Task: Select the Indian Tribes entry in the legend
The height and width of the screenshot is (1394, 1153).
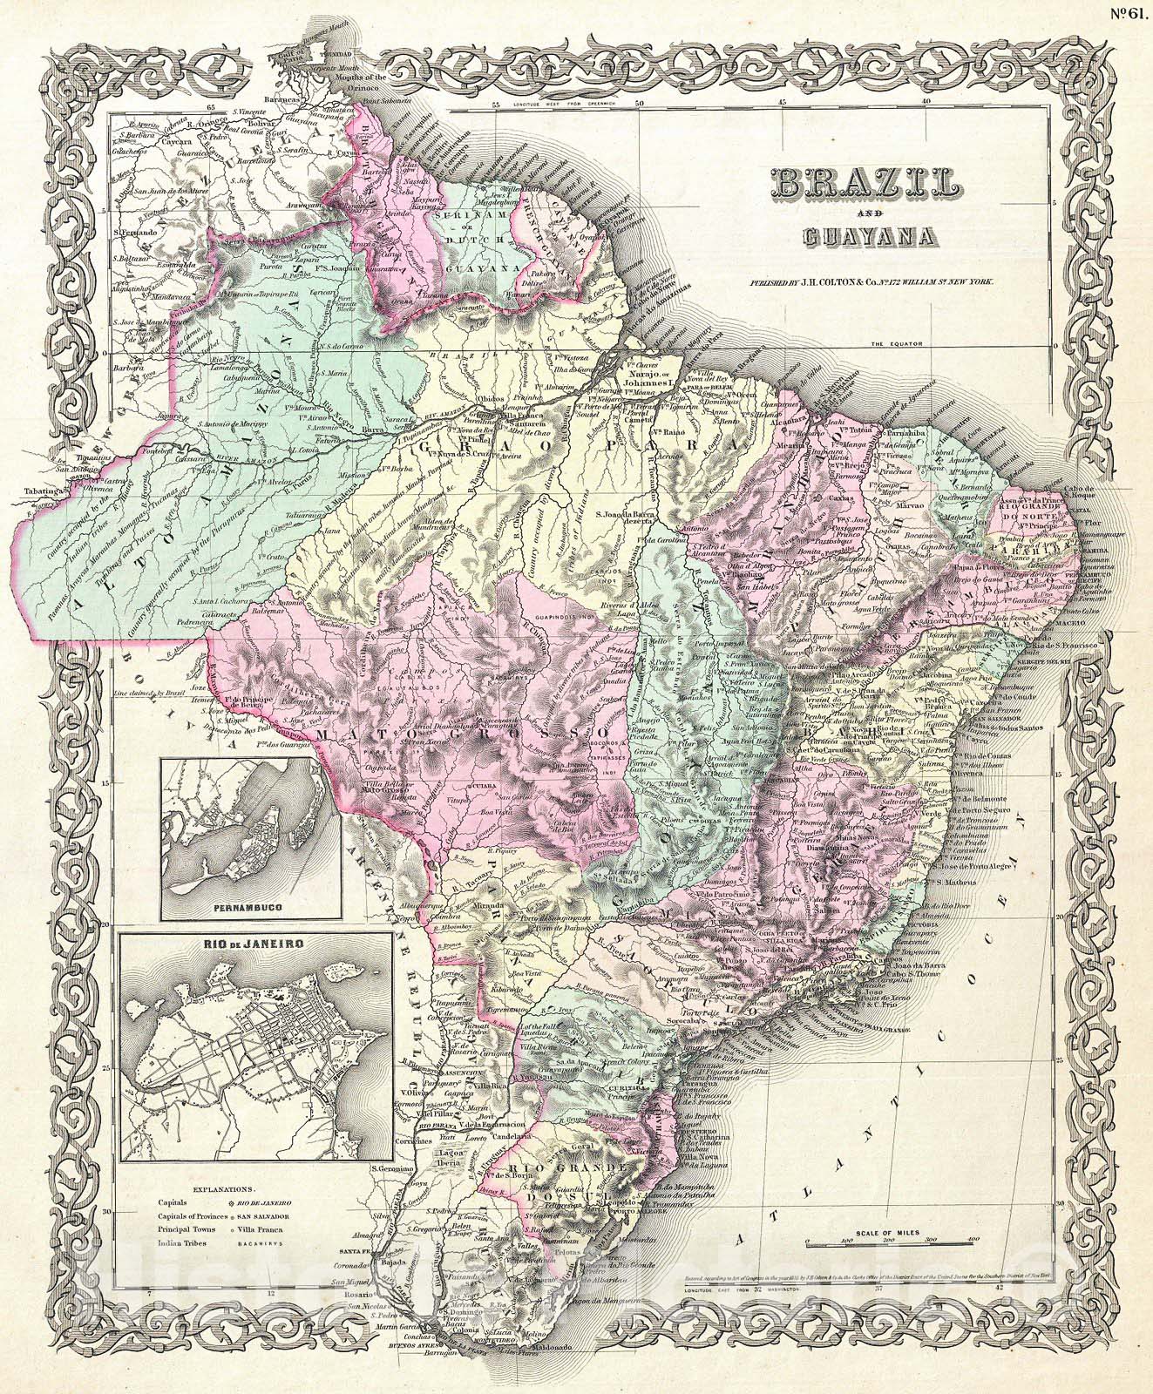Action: pyautogui.click(x=182, y=1243)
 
